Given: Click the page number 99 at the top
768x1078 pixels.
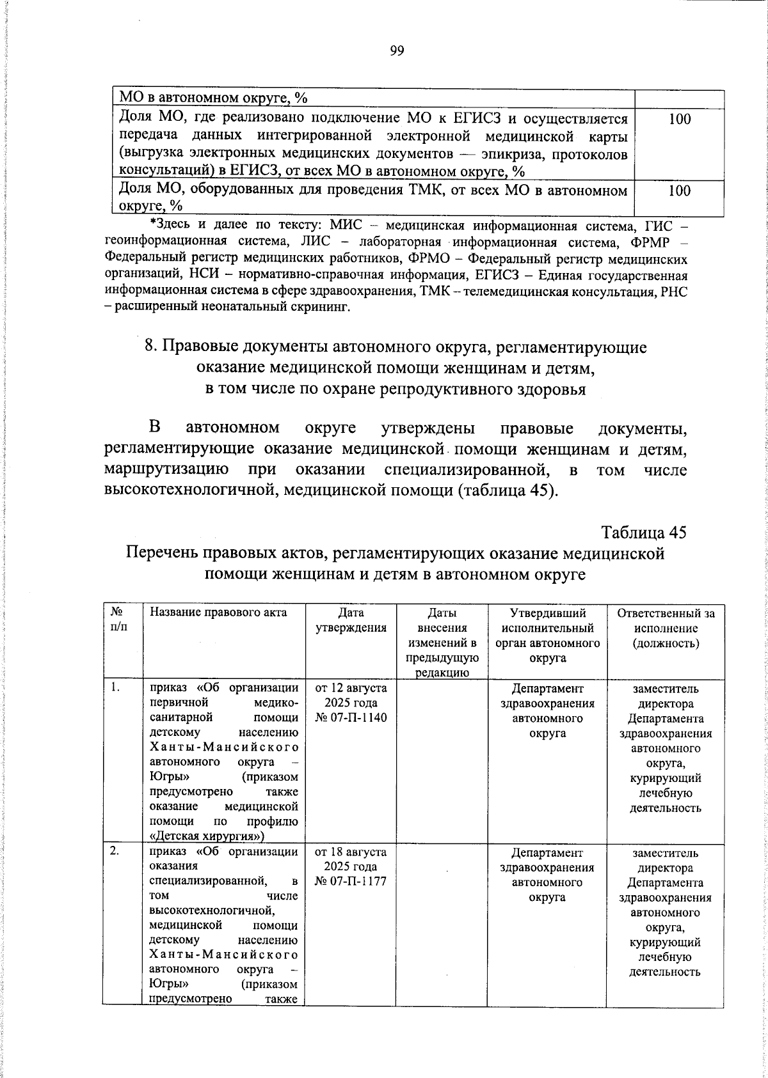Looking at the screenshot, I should point(397,52).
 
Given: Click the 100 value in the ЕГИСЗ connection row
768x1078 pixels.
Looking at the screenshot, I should point(679,119).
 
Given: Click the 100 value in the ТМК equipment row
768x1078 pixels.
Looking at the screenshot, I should point(679,191).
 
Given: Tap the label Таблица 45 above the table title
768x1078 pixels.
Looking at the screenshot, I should point(644,533).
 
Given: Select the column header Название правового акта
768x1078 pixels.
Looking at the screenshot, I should point(218,613).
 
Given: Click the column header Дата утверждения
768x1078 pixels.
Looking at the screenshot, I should point(351,620).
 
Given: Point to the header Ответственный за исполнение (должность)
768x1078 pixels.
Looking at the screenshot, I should point(666,628).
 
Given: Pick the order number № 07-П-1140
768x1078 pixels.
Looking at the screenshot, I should point(351,718).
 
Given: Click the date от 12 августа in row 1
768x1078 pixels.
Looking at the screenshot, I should point(351,689).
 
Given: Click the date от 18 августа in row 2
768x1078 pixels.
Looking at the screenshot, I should point(351,853).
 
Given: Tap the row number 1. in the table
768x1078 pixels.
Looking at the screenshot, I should point(115,689).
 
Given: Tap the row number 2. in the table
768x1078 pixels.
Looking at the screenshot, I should point(115,853).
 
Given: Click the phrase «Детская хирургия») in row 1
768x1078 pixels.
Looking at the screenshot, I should point(207,836).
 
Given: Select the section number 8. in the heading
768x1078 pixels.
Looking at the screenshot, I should point(151,347).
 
